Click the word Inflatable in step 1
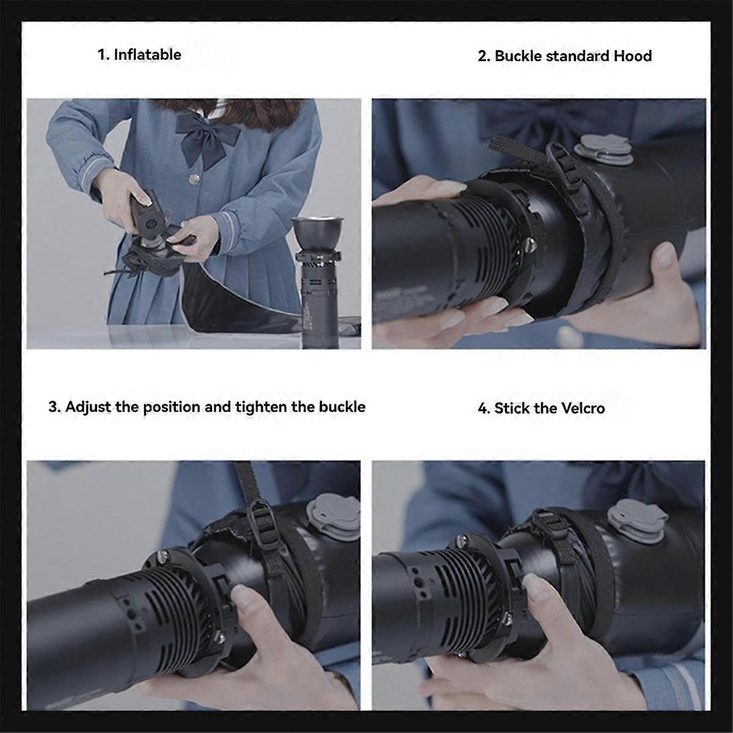(x=147, y=55)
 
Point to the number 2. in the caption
(x=484, y=56)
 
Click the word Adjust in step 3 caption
(x=88, y=407)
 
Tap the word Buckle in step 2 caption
(x=517, y=56)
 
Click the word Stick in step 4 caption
(x=511, y=408)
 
